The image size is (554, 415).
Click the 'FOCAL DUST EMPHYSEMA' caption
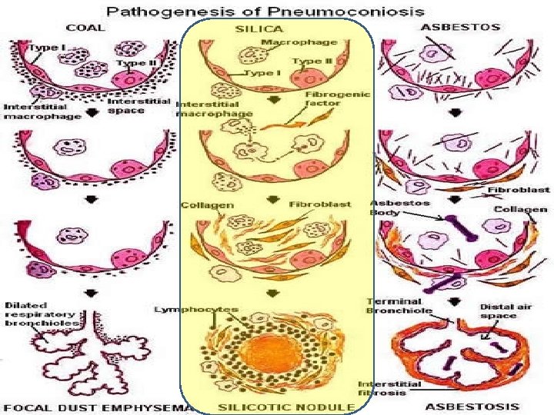[98, 406]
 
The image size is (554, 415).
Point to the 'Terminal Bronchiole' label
[393, 306]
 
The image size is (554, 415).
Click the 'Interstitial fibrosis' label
[389, 389]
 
